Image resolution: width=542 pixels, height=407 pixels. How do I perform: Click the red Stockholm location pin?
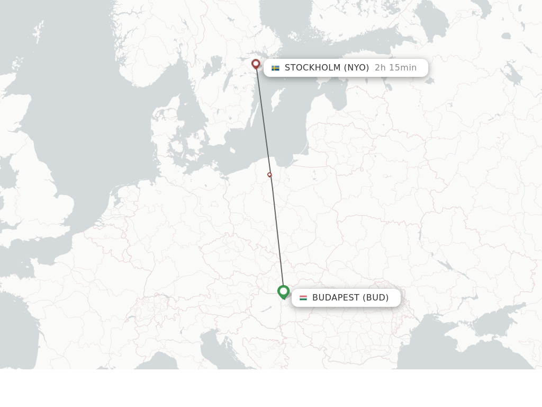[x=256, y=64]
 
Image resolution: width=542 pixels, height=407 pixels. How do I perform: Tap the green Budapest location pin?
[x=283, y=291]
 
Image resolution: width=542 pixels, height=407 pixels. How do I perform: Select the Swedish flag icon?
[x=275, y=68]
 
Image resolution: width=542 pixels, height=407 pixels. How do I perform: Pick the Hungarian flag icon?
[x=303, y=298]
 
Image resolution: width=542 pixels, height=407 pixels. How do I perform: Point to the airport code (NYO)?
[x=356, y=68]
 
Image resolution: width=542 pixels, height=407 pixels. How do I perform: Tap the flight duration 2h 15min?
[x=395, y=68]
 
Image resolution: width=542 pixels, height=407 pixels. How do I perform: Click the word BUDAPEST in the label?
[x=336, y=298]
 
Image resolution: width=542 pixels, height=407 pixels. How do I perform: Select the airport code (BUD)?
[x=376, y=298]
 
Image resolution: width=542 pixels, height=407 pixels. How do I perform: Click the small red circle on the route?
[x=269, y=174]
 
